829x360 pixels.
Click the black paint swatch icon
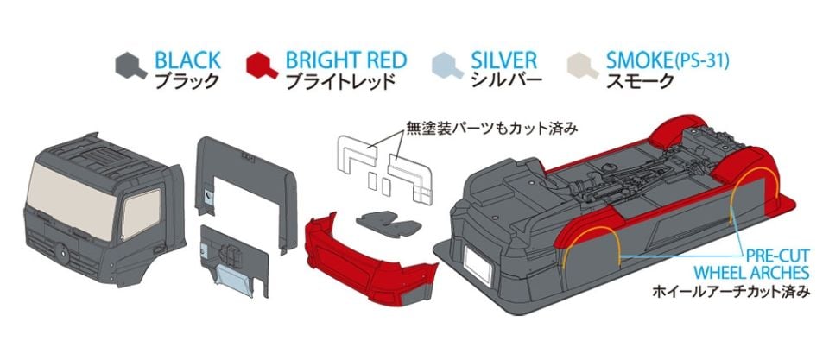pos(130,65)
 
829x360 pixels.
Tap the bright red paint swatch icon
pos(261,65)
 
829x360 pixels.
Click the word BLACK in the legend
pos(187,60)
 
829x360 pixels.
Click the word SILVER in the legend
pos(504,60)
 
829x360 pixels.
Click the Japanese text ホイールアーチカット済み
pos(731,292)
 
